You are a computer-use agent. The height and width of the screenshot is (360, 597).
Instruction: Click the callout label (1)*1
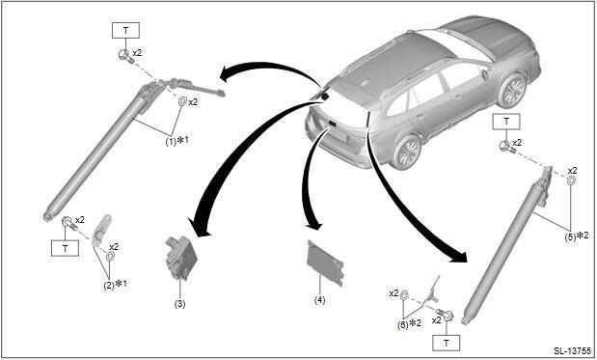[x=176, y=141]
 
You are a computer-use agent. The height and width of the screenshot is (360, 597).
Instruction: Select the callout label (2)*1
[x=115, y=284]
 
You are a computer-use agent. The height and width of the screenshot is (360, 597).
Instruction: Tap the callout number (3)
[x=179, y=304]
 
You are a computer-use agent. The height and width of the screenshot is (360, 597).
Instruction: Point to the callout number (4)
[x=320, y=300]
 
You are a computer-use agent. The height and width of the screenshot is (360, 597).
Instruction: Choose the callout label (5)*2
[x=577, y=236]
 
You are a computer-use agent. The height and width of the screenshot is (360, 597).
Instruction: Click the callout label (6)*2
[x=409, y=324]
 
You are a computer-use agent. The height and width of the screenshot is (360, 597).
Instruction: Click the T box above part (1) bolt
[x=125, y=31]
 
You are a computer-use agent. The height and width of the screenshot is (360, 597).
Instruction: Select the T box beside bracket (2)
[x=66, y=248]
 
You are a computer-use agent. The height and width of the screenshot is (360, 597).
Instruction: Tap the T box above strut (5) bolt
[x=506, y=122]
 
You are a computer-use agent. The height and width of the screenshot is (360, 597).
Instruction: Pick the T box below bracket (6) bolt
[x=447, y=343]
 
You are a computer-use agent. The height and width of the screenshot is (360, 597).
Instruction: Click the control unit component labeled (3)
[x=181, y=258]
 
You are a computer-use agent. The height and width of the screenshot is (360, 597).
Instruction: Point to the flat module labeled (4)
[x=326, y=263]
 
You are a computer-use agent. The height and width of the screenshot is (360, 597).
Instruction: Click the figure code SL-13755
[x=573, y=350]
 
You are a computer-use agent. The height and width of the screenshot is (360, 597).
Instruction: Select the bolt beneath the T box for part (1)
[x=125, y=56]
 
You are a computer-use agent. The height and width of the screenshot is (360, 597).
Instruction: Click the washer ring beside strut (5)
[x=571, y=180]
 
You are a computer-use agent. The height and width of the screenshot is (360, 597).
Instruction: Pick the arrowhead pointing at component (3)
[x=199, y=228]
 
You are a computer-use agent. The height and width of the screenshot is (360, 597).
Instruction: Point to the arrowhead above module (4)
[x=315, y=226]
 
